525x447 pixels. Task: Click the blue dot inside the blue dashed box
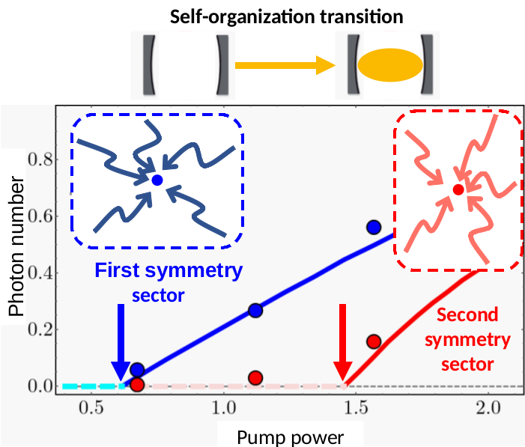(157, 180)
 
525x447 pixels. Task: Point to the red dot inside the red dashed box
(458, 189)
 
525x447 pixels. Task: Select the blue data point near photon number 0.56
(374, 227)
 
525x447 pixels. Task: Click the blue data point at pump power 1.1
(255, 310)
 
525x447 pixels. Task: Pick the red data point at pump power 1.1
(255, 377)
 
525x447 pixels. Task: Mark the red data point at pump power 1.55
(374, 341)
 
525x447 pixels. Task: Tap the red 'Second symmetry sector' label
(467, 340)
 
